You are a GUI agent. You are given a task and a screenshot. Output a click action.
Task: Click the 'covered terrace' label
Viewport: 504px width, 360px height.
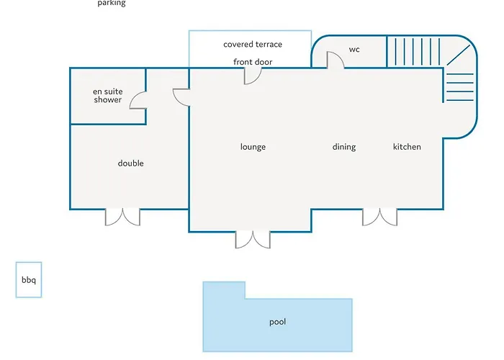pyautogui.click(x=253, y=45)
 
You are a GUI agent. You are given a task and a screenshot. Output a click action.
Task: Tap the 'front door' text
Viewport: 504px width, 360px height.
pyautogui.click(x=253, y=62)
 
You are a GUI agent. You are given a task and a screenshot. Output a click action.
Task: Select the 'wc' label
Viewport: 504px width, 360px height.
pyautogui.click(x=354, y=50)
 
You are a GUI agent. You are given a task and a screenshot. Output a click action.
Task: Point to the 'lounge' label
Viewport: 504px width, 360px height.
pyautogui.click(x=253, y=147)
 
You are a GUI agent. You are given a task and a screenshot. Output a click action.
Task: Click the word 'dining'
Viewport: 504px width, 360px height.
pyautogui.click(x=344, y=147)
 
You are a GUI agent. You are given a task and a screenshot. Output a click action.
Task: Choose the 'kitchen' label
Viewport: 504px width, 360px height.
pyautogui.click(x=407, y=147)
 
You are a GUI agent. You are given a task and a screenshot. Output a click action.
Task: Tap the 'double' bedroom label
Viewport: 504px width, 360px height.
pyautogui.click(x=130, y=163)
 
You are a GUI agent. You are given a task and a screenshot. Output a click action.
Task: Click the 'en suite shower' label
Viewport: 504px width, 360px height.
pyautogui.click(x=108, y=96)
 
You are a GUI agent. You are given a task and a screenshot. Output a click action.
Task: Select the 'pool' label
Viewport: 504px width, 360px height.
pyautogui.click(x=277, y=322)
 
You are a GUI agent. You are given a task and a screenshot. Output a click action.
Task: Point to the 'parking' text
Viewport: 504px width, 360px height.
pyautogui.click(x=112, y=3)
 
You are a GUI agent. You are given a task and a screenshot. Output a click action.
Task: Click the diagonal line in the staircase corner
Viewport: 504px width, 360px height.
pyautogui.click(x=459, y=55)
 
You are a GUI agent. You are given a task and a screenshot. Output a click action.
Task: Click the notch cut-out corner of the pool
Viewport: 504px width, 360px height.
pyautogui.click(x=246, y=299)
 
